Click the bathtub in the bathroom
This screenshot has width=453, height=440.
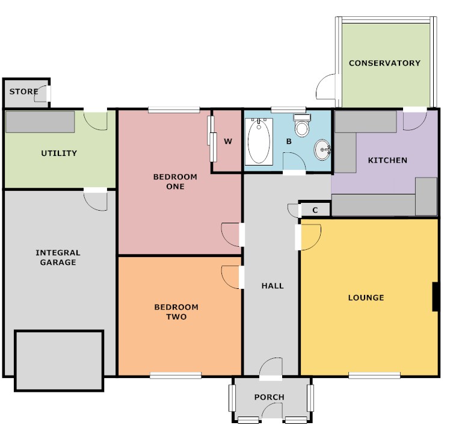coord(259,141)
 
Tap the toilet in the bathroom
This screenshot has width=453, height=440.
coord(302,125)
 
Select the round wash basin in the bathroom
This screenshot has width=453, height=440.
coord(322,149)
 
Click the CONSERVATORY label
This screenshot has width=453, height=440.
coord(384,63)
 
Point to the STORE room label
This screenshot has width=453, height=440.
coord(23,91)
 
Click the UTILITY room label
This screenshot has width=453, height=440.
coord(59,153)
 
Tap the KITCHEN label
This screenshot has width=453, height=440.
coord(387,160)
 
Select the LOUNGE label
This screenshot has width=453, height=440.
coord(366,297)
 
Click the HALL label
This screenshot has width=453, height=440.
coord(273,286)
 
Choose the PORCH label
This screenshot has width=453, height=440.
coord(270,397)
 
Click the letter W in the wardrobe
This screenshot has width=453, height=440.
coord(228,141)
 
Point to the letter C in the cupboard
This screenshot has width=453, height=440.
coord(315,210)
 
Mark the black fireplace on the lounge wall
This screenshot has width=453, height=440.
coord(436,297)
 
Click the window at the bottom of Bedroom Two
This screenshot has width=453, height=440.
coord(176,376)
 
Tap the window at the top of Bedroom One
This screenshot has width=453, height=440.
coord(174,110)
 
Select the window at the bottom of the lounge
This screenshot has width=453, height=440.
coord(374,376)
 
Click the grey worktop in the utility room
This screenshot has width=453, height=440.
coord(40,122)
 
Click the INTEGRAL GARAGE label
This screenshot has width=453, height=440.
coord(58,257)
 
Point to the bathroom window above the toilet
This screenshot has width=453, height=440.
coord(288,110)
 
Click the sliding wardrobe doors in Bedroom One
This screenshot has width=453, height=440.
coord(212,139)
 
